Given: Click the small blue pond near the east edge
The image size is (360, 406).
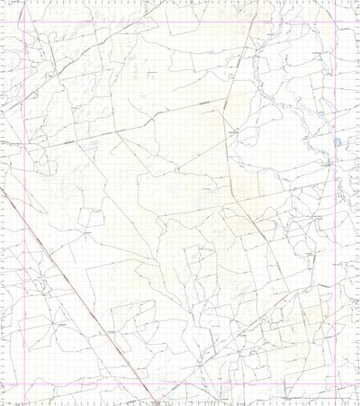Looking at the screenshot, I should [337, 142].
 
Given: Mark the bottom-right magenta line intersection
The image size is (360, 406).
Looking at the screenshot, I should [337, 383].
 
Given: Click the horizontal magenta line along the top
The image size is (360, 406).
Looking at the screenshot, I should [180, 21].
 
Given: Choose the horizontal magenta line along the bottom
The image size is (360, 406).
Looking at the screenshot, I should [180, 383].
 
